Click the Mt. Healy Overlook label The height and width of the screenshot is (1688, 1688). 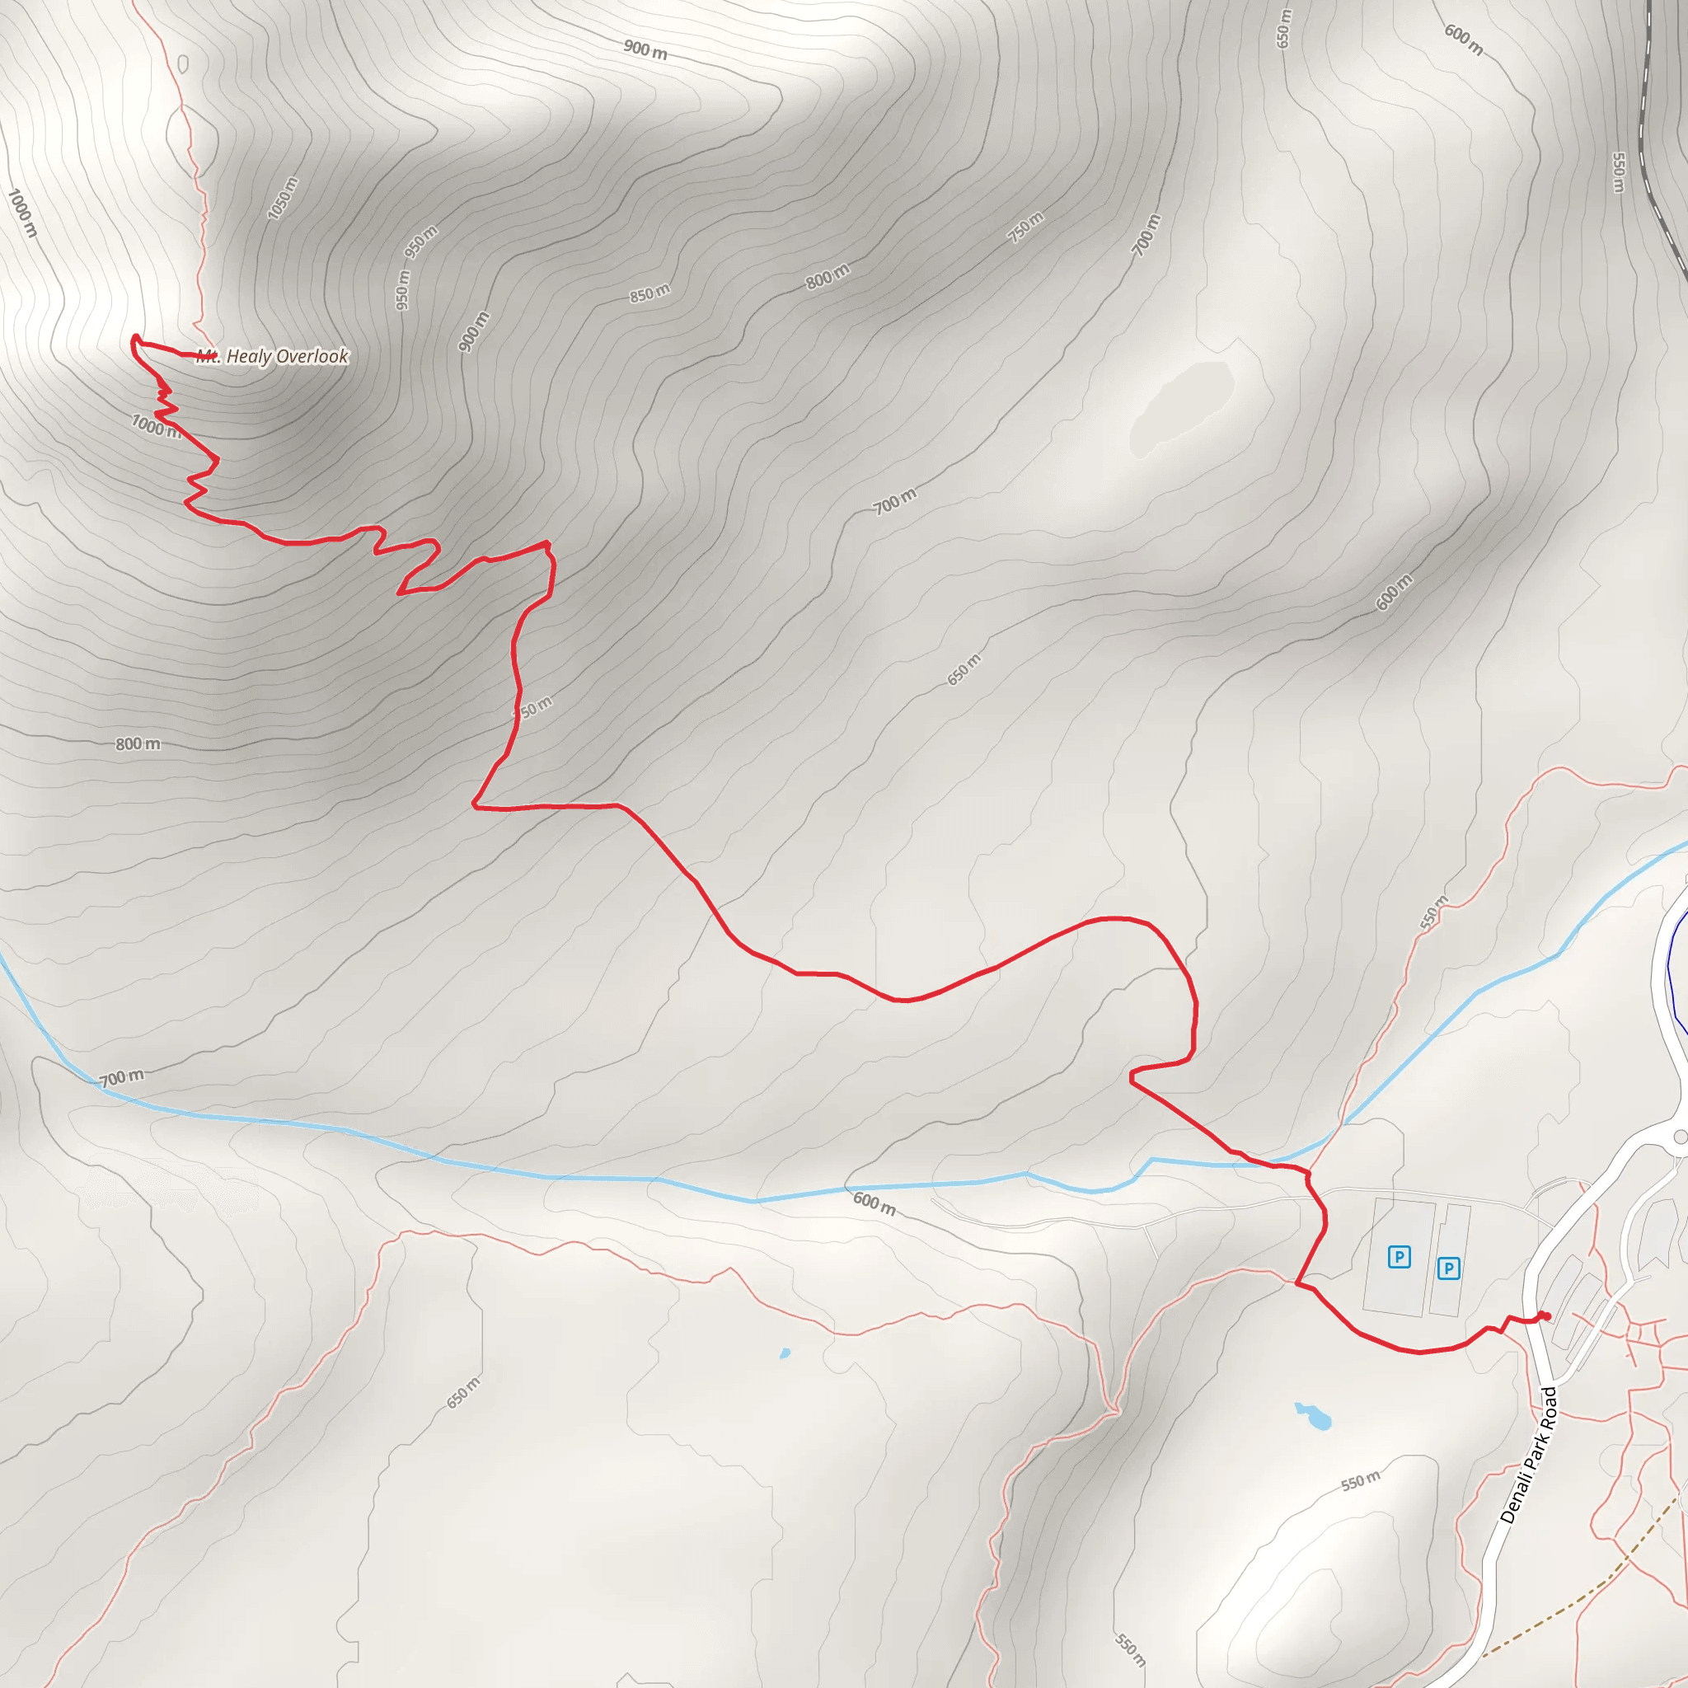tap(273, 356)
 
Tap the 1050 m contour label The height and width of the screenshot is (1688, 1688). tap(282, 199)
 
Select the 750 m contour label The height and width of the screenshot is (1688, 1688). tap(1025, 227)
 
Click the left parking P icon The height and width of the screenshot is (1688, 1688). tap(1399, 1257)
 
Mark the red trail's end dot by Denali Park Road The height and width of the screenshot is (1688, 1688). tap(1544, 1315)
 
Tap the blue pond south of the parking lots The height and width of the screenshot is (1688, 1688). tap(1313, 1414)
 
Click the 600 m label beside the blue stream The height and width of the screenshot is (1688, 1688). tap(874, 1204)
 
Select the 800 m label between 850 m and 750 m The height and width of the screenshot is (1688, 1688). tap(827, 277)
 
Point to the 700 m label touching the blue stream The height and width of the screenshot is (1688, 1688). tap(121, 1078)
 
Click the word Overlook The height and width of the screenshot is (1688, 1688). tap(312, 356)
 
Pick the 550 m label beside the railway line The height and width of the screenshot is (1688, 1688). tap(1618, 173)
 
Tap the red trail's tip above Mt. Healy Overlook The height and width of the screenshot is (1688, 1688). tap(135, 337)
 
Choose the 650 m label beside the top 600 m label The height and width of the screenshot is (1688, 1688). tap(1283, 28)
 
